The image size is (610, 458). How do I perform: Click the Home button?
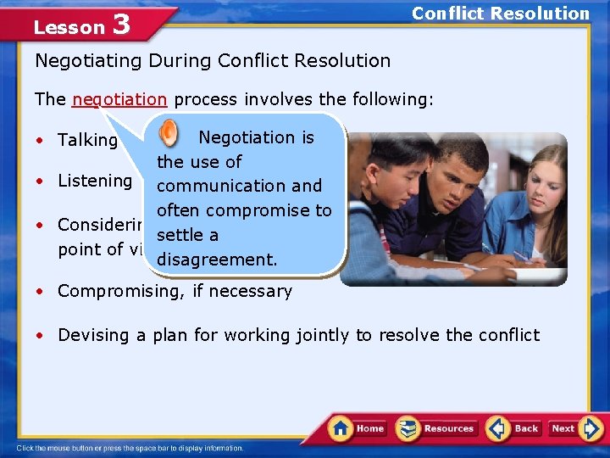tap(358, 428)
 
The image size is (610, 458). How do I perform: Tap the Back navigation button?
tap(513, 428)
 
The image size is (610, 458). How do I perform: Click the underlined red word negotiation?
tap(119, 99)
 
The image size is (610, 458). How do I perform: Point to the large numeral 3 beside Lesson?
tap(121, 25)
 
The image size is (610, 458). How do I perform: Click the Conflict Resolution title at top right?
tap(500, 14)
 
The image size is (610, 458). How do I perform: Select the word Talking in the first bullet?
tap(87, 141)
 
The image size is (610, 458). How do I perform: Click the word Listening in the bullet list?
tap(95, 181)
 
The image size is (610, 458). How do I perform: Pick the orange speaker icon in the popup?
tap(169, 133)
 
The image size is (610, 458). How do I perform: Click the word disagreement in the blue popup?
tap(217, 260)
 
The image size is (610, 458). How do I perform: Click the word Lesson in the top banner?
tap(69, 27)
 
